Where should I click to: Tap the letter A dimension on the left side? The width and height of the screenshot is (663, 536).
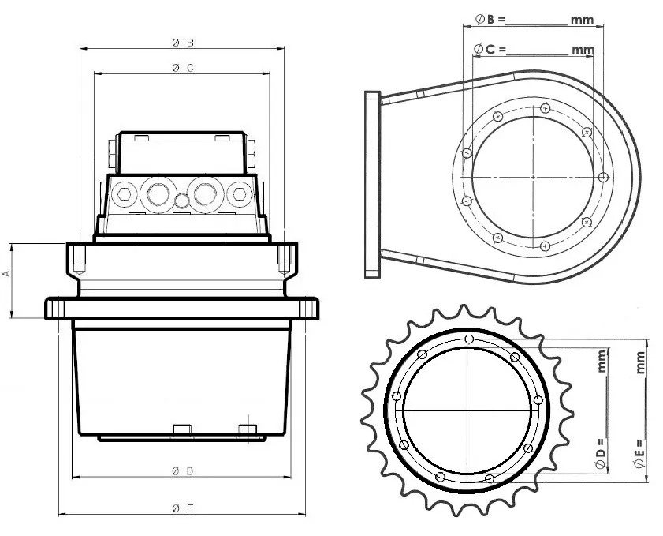[x=6, y=273]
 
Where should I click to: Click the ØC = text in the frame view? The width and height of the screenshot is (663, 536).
[x=489, y=49]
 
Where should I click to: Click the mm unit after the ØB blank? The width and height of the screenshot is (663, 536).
[x=583, y=21]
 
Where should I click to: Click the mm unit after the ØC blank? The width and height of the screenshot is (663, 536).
[x=583, y=50]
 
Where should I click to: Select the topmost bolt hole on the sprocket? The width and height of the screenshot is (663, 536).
[x=470, y=339]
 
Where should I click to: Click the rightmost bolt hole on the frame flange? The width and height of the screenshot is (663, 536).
[x=603, y=176]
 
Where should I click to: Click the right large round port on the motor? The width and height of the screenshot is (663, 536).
[x=208, y=192]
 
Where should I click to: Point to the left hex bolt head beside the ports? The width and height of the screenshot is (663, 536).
[x=122, y=192]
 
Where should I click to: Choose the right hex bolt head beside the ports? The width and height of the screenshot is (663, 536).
[x=239, y=192]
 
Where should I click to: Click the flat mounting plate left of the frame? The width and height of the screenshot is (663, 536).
[x=373, y=184]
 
